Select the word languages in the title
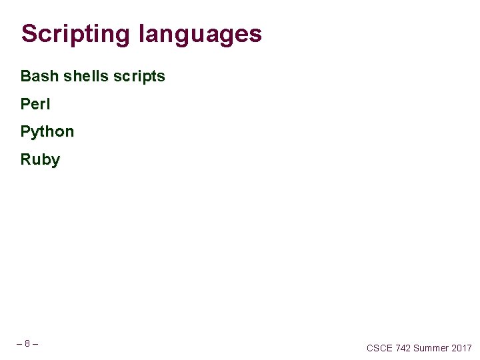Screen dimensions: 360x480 point(200,33)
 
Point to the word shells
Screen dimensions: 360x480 point(85,76)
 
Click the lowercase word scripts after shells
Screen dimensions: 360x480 point(139,76)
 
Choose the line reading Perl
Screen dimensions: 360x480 point(35,104)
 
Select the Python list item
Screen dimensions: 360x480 point(47,132)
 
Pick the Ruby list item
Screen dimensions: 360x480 point(40,160)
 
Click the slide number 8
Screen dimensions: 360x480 point(27,344)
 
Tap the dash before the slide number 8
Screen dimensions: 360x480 point(19,344)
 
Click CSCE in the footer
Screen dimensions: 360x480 point(379,348)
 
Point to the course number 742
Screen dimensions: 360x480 point(403,348)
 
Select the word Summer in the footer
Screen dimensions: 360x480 point(431,348)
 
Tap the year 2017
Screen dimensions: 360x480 point(461,348)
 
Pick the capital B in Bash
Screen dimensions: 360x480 point(26,76)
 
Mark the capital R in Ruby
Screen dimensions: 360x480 point(26,160)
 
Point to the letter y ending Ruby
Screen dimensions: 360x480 point(55,161)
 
